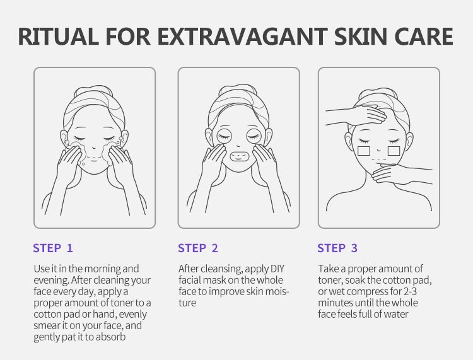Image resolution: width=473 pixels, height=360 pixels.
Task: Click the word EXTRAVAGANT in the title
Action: tap(242, 37)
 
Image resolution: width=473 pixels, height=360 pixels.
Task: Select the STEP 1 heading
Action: tap(53, 248)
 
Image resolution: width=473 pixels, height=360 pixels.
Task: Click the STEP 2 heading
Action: tap(198, 248)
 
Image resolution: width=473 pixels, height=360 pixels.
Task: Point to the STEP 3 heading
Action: tap(337, 248)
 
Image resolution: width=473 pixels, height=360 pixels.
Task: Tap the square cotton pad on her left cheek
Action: tap(394, 151)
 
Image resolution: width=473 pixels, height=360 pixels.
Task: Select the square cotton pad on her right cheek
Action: tap(363, 151)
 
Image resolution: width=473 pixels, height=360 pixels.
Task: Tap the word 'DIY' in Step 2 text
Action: tap(277, 269)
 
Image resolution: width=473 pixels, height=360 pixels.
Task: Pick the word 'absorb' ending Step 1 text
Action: tap(110, 337)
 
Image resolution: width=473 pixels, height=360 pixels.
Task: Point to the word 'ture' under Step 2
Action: tap(187, 303)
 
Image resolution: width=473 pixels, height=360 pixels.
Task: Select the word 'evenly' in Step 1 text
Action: tap(132, 315)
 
